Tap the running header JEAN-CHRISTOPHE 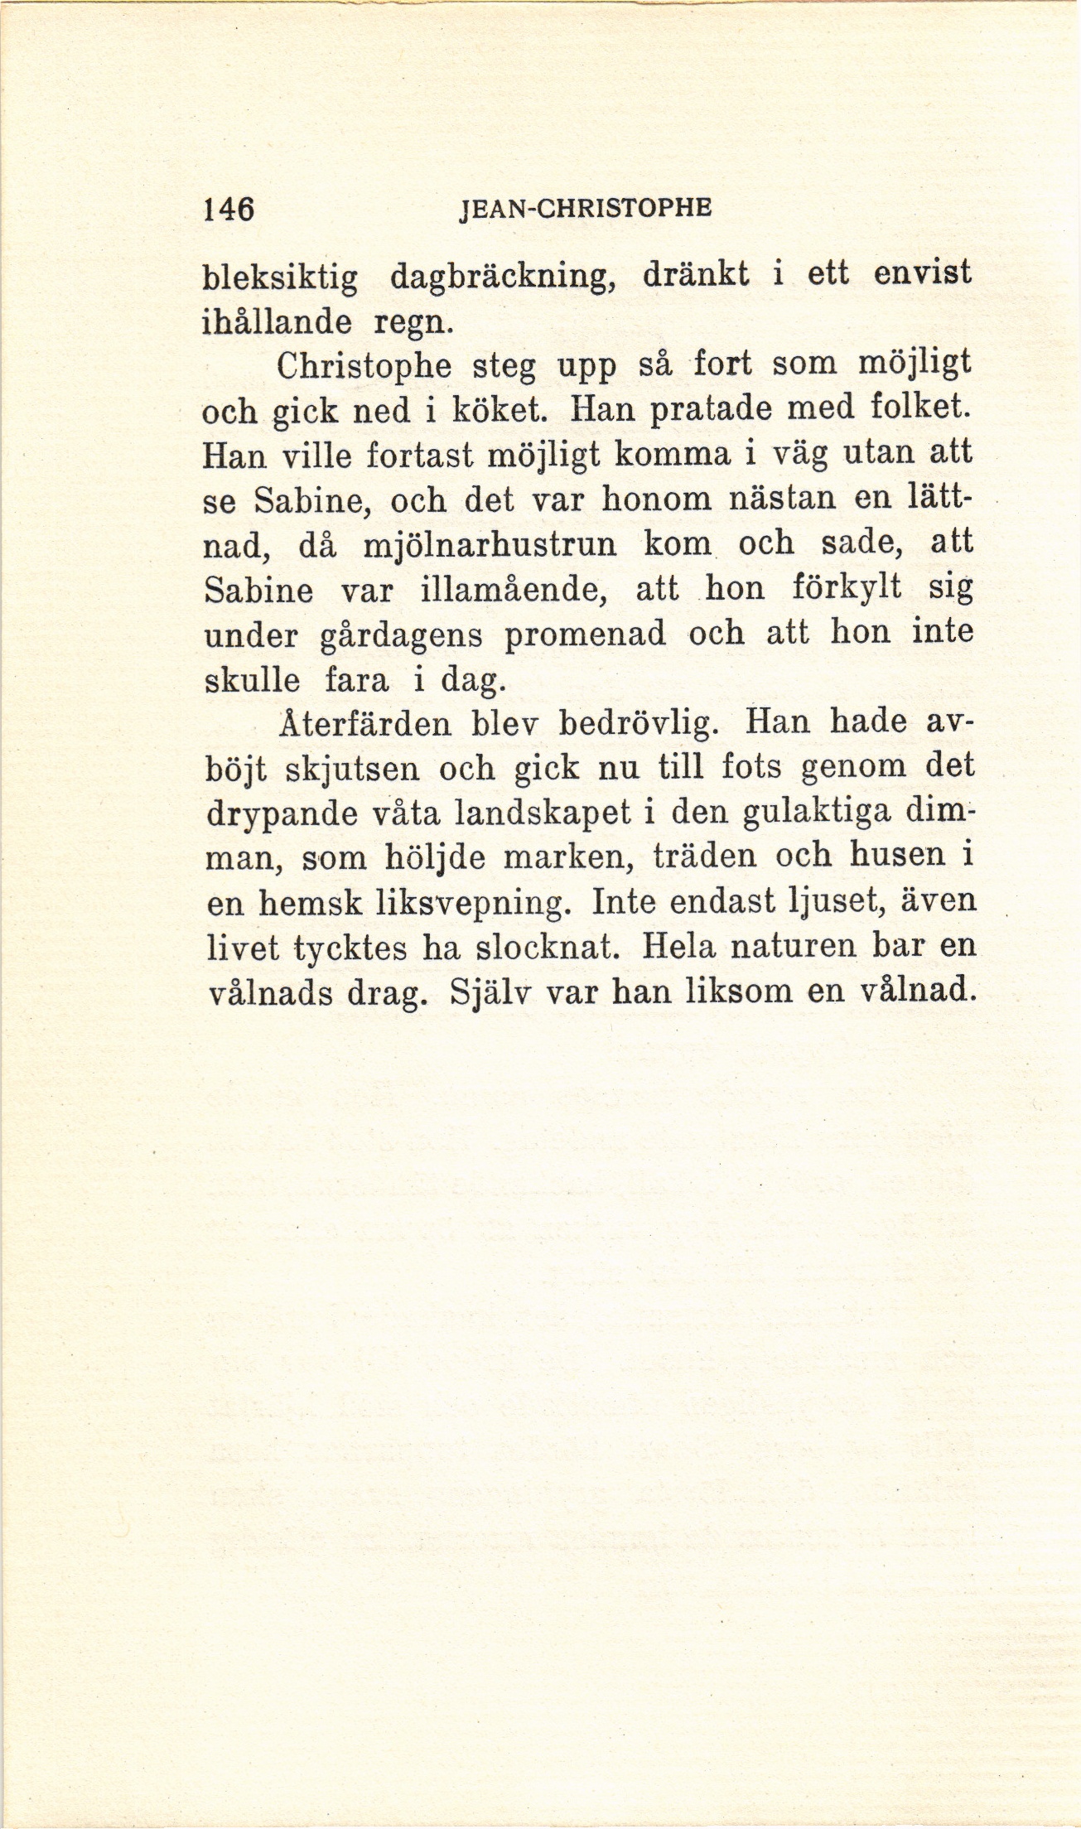[584, 209]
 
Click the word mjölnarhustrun [490, 548]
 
